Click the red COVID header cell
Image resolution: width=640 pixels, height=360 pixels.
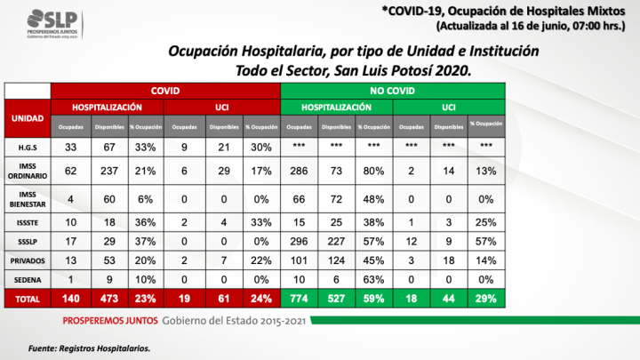coord(165,91)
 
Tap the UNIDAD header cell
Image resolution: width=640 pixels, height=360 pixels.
coord(28,117)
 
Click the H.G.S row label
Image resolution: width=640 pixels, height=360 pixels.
coord(28,147)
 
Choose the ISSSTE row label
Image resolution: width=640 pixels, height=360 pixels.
coord(28,220)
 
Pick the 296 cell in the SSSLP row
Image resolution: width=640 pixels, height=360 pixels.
coord(299,241)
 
